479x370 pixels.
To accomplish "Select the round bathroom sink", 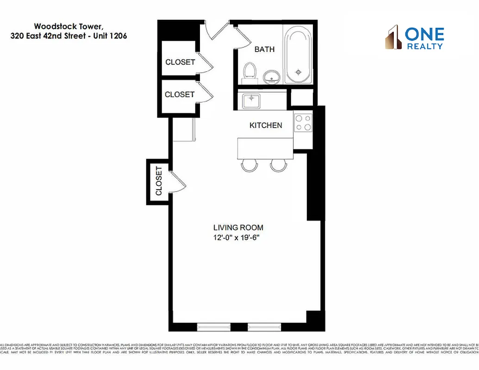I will click(x=272, y=77).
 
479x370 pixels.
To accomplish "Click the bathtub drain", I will click(x=299, y=72).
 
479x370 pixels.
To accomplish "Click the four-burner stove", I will click(x=303, y=123).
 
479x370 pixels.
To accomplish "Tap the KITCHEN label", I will click(x=266, y=125).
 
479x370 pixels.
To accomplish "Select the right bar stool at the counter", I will click(x=279, y=165).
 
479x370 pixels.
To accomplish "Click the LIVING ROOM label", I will click(x=238, y=228).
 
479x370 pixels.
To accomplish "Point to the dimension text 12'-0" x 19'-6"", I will click(x=238, y=238).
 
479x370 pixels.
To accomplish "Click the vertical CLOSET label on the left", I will click(x=159, y=181).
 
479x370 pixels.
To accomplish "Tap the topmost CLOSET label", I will click(x=180, y=62).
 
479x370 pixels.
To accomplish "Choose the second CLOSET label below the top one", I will click(x=180, y=94).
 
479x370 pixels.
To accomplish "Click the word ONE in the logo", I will click(x=424, y=34).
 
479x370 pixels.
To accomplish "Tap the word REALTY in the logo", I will click(x=424, y=46).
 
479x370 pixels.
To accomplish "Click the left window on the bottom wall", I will click(x=214, y=326).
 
